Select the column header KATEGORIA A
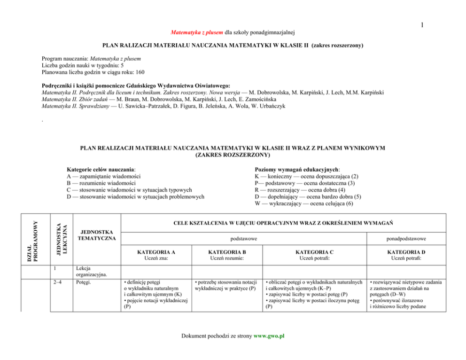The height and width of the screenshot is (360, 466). click(156, 252)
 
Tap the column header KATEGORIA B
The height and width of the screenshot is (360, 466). click(227, 252)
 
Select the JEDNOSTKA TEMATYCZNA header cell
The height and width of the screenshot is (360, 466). click(97, 235)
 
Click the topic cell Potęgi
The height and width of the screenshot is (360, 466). click(84, 282)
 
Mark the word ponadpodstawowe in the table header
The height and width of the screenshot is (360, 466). click(407, 239)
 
